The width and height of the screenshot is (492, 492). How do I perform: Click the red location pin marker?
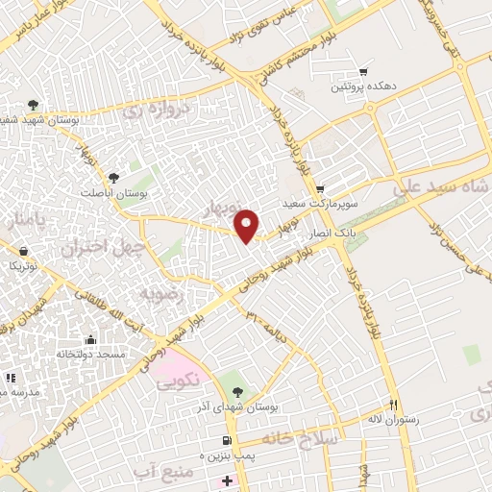pos(248,226)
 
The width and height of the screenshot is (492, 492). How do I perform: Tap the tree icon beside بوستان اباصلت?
pos(114,178)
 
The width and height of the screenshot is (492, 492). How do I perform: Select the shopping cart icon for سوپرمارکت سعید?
pos(320,188)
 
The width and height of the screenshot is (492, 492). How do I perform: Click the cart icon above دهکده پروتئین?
pos(363,71)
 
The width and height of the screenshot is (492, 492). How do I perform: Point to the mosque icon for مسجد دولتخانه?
pos(90,339)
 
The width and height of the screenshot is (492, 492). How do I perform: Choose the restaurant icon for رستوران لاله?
pos(392,405)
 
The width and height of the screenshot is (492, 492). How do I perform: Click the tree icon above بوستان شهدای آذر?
pos(236,391)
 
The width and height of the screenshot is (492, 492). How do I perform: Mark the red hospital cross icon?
pos(226,480)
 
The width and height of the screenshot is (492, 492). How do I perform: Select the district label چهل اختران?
pos(103,247)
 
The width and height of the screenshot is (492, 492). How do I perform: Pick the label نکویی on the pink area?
pos(181,380)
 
